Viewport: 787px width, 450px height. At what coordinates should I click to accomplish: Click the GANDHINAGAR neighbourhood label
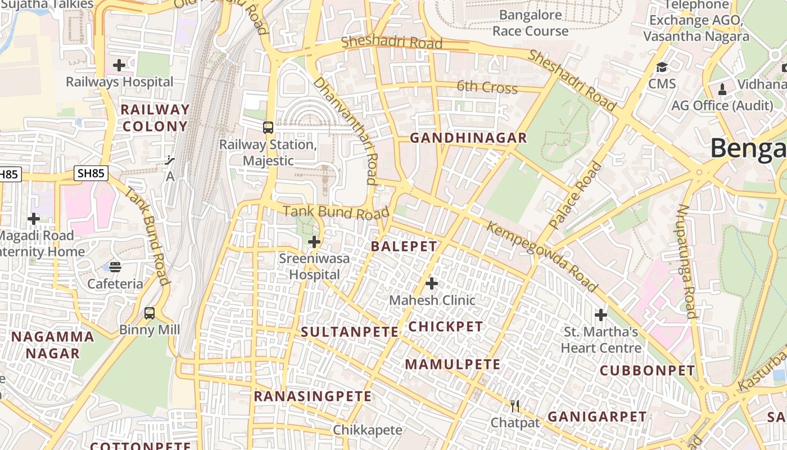click(468, 138)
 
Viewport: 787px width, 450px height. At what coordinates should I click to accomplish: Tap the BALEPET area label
click(404, 246)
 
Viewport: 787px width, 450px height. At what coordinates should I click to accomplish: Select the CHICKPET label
click(445, 327)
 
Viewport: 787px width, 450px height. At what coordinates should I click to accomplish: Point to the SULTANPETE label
click(350, 332)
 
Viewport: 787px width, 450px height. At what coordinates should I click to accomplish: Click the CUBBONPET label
click(647, 371)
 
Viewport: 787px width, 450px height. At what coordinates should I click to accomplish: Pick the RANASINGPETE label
click(313, 397)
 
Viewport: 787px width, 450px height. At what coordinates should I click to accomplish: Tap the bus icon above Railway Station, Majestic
click(268, 128)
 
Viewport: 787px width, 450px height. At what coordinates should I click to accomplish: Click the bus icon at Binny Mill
click(150, 313)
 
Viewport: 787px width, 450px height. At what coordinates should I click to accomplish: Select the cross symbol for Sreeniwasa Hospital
click(314, 242)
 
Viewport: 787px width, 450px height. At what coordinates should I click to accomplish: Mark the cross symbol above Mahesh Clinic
click(432, 283)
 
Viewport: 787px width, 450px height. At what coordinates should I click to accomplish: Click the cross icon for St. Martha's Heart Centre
click(601, 315)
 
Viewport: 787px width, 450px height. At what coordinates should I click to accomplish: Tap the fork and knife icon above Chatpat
click(515, 406)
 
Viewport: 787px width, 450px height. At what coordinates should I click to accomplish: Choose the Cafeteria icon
click(115, 267)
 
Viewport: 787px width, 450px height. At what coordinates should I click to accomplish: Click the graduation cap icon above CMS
click(662, 68)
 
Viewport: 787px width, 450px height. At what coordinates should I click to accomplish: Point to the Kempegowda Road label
click(542, 257)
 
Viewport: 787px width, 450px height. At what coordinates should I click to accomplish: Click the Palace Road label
click(576, 195)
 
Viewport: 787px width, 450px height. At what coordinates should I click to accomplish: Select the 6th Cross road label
click(487, 88)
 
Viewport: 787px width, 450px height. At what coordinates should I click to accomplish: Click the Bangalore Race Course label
click(530, 22)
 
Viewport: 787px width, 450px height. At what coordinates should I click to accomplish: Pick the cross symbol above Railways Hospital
click(119, 65)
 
